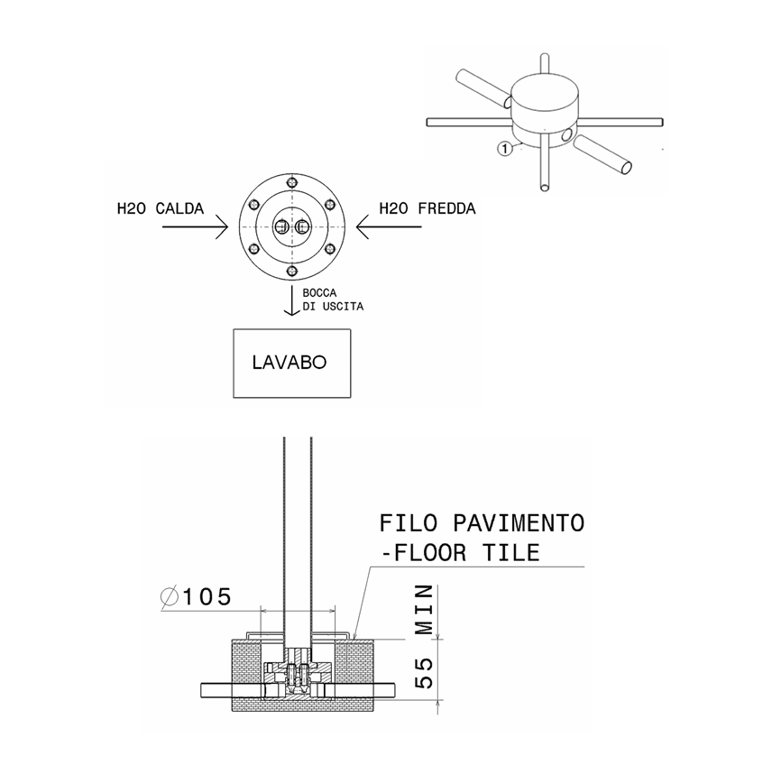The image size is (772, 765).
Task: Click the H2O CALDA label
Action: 160,209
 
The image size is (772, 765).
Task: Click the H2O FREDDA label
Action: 427,209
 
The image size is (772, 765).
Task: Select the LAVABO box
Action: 290,364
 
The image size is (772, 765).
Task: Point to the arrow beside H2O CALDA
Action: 193,229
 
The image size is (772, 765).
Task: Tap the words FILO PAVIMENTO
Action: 482,523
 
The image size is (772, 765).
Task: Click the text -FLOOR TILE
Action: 461,552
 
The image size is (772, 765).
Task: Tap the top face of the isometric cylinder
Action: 547,92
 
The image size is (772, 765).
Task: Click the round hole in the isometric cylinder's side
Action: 565,135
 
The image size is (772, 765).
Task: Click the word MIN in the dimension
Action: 426,609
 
